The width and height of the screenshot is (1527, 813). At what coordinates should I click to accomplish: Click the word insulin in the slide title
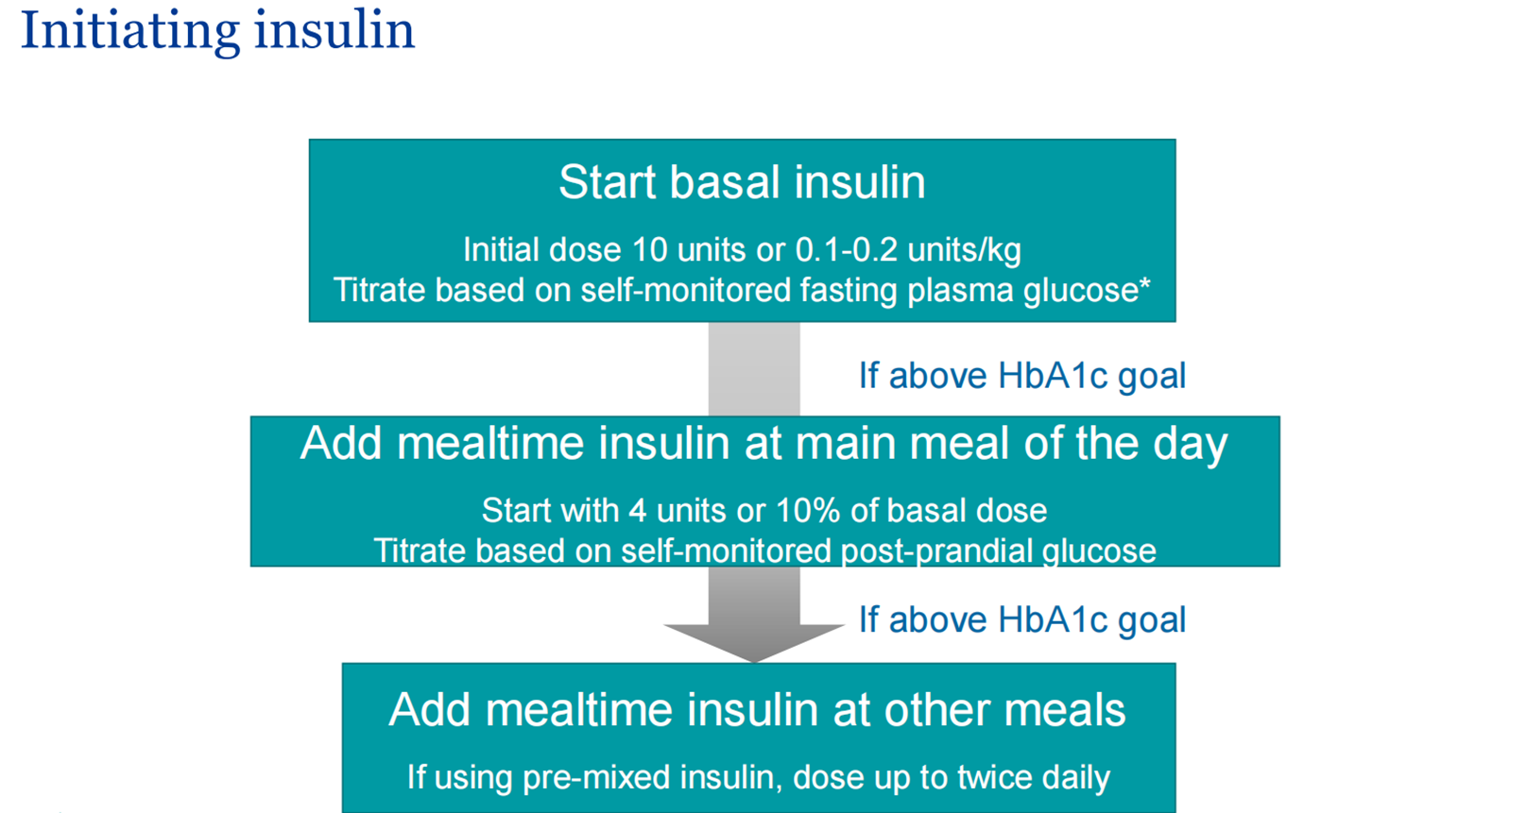335,29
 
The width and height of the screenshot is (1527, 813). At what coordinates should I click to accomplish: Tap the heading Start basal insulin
742,182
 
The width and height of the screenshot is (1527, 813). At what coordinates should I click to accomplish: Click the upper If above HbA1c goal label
1021,376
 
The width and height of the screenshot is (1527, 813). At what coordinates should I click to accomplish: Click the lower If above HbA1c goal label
1021,619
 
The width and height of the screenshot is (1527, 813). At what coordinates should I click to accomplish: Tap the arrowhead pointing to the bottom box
754,643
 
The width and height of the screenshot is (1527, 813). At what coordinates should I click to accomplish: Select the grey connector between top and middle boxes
754,368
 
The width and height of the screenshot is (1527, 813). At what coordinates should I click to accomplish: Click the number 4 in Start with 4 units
638,511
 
